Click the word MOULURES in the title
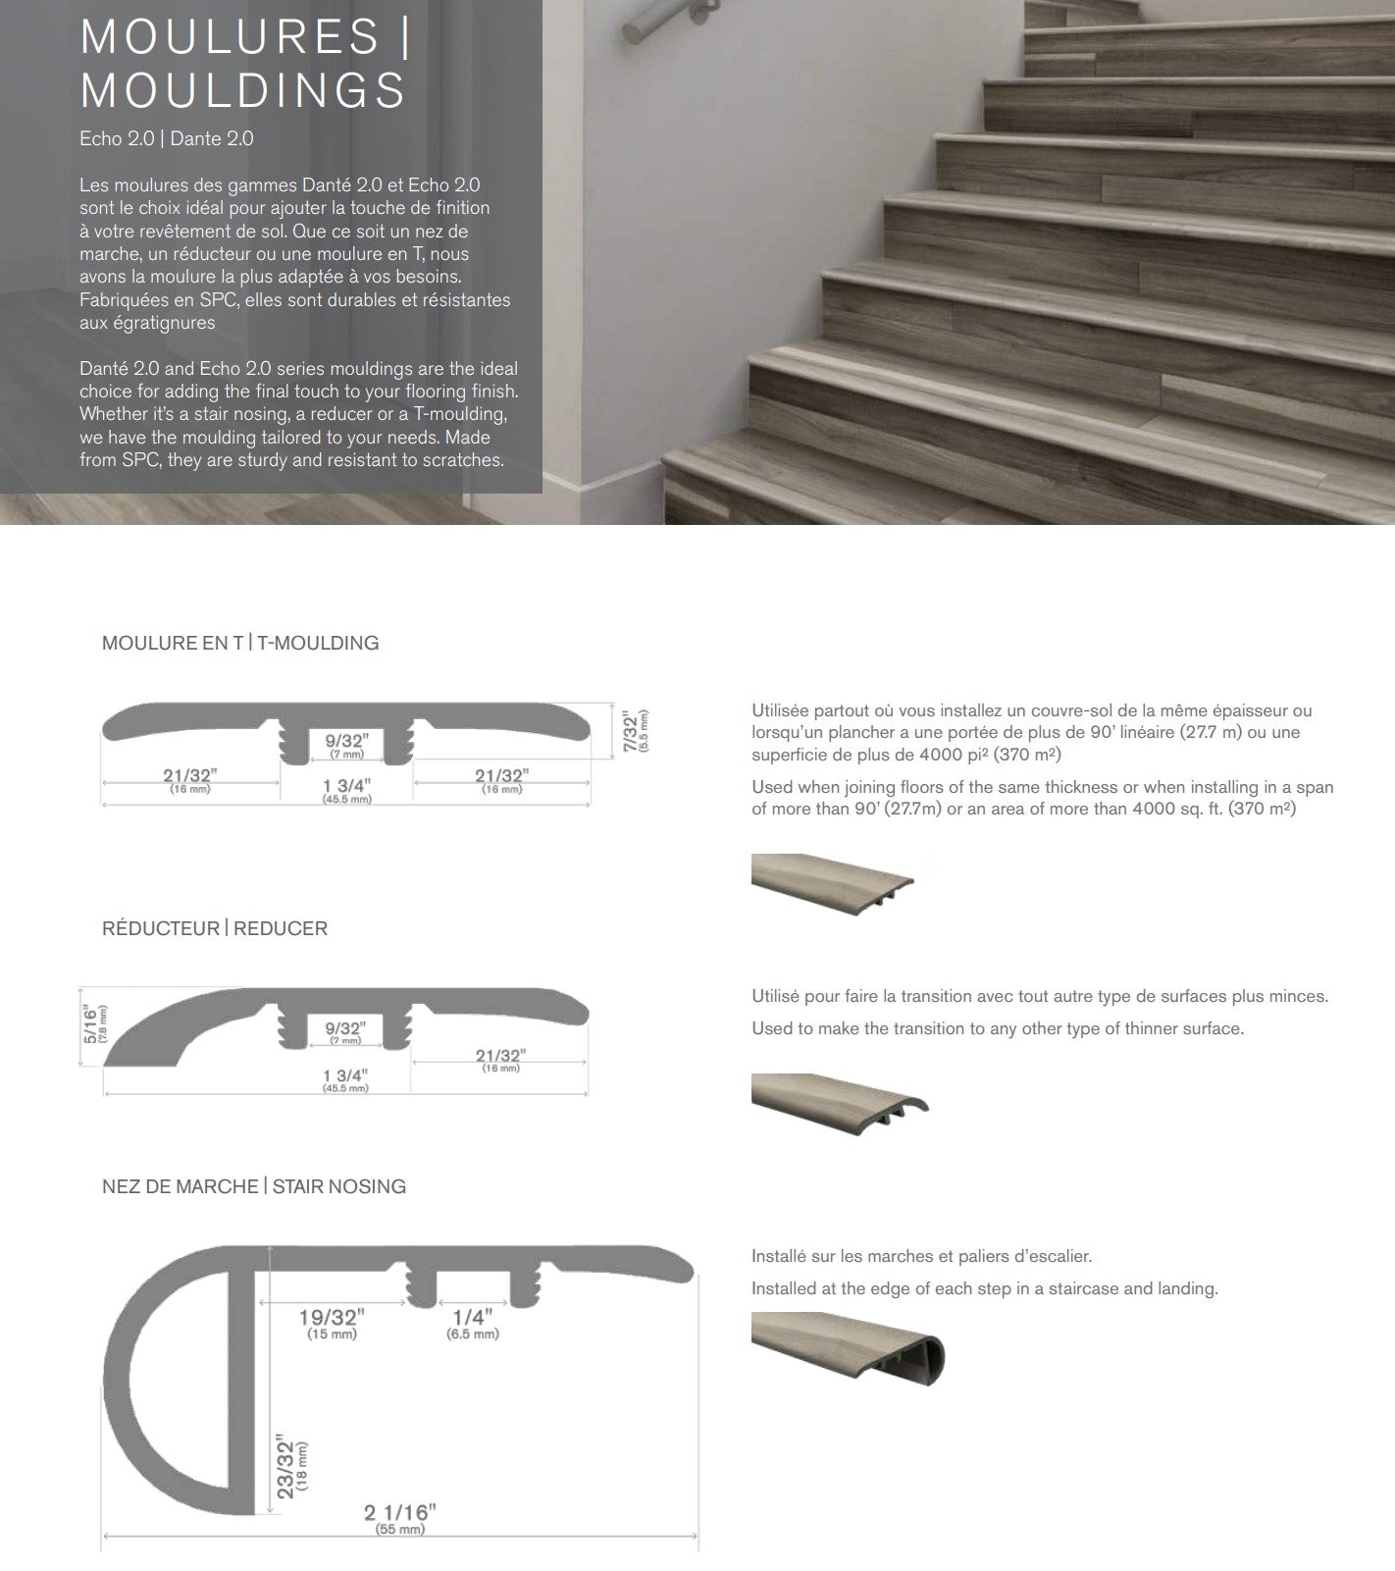click(x=230, y=37)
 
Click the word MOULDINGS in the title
click(x=242, y=90)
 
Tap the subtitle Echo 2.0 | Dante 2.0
click(x=167, y=138)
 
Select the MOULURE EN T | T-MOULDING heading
click(x=240, y=643)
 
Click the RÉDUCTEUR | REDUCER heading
click(x=215, y=928)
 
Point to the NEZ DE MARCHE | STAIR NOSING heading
click(x=254, y=1186)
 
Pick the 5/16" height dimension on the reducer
click(x=92, y=1024)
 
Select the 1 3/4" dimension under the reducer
click(x=345, y=1077)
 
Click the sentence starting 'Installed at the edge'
click(x=984, y=1288)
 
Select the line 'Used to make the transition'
click(x=997, y=1028)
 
